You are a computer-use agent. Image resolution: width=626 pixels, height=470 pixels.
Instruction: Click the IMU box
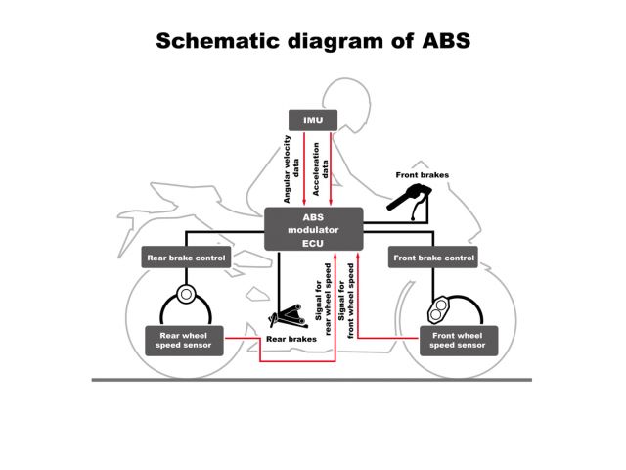pos(313,120)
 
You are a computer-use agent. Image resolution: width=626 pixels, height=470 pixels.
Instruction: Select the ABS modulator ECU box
pos(313,229)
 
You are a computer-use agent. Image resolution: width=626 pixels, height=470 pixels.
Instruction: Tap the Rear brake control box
pos(186,258)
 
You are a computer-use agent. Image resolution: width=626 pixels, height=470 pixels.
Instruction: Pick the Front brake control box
pos(433,258)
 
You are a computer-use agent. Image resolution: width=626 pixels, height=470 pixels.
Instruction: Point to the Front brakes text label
pos(423,175)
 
